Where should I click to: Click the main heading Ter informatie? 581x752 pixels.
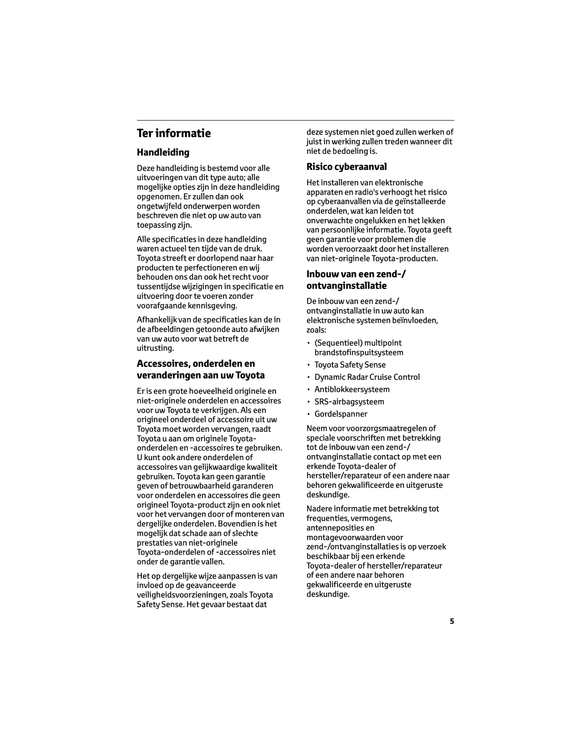point(173,133)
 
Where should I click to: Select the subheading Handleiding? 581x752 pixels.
point(163,152)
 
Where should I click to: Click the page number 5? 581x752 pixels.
point(452,621)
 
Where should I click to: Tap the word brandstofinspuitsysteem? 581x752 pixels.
point(359,353)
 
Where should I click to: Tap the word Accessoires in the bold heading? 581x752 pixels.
point(164,364)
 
